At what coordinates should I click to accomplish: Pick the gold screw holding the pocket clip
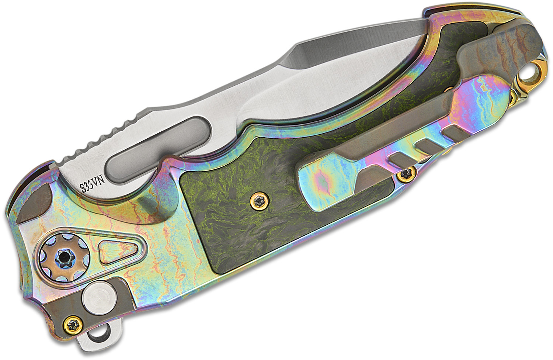pyautogui.click(x=405, y=174)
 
